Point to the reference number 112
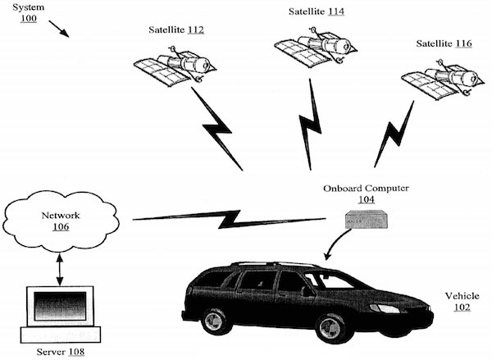pyautogui.click(x=194, y=30)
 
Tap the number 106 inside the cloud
pyautogui.click(x=61, y=228)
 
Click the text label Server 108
pyautogui.click(x=61, y=352)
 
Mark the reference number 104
pyautogui.click(x=367, y=198)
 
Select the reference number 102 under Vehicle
pyautogui.click(x=463, y=308)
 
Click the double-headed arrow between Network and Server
pyautogui.click(x=60, y=267)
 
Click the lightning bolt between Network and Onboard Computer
pyautogui.click(x=230, y=219)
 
